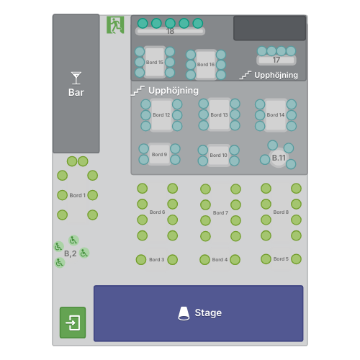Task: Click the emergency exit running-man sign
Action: pos(115,25)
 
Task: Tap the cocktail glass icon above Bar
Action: pos(76,78)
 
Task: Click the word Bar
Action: pos(76,92)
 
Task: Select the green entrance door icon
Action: pos(73,323)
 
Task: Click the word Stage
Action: pos(208,312)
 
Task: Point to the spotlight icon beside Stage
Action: pos(184,313)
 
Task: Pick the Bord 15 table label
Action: pos(155,63)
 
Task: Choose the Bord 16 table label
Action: pos(206,65)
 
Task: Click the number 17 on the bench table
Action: pos(276,60)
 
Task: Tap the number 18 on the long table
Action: pos(170,31)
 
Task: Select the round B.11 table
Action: pos(279,158)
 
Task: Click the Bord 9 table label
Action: pos(159,155)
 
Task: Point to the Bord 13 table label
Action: pos(219,115)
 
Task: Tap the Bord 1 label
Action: pos(78,195)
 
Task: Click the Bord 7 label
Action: pos(220,213)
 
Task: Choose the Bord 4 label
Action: pos(220,260)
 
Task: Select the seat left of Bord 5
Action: pos(266,259)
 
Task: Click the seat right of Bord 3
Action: pos(173,260)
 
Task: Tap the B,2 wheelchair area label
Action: pos(71,253)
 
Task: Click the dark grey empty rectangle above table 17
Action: pos(270,28)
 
